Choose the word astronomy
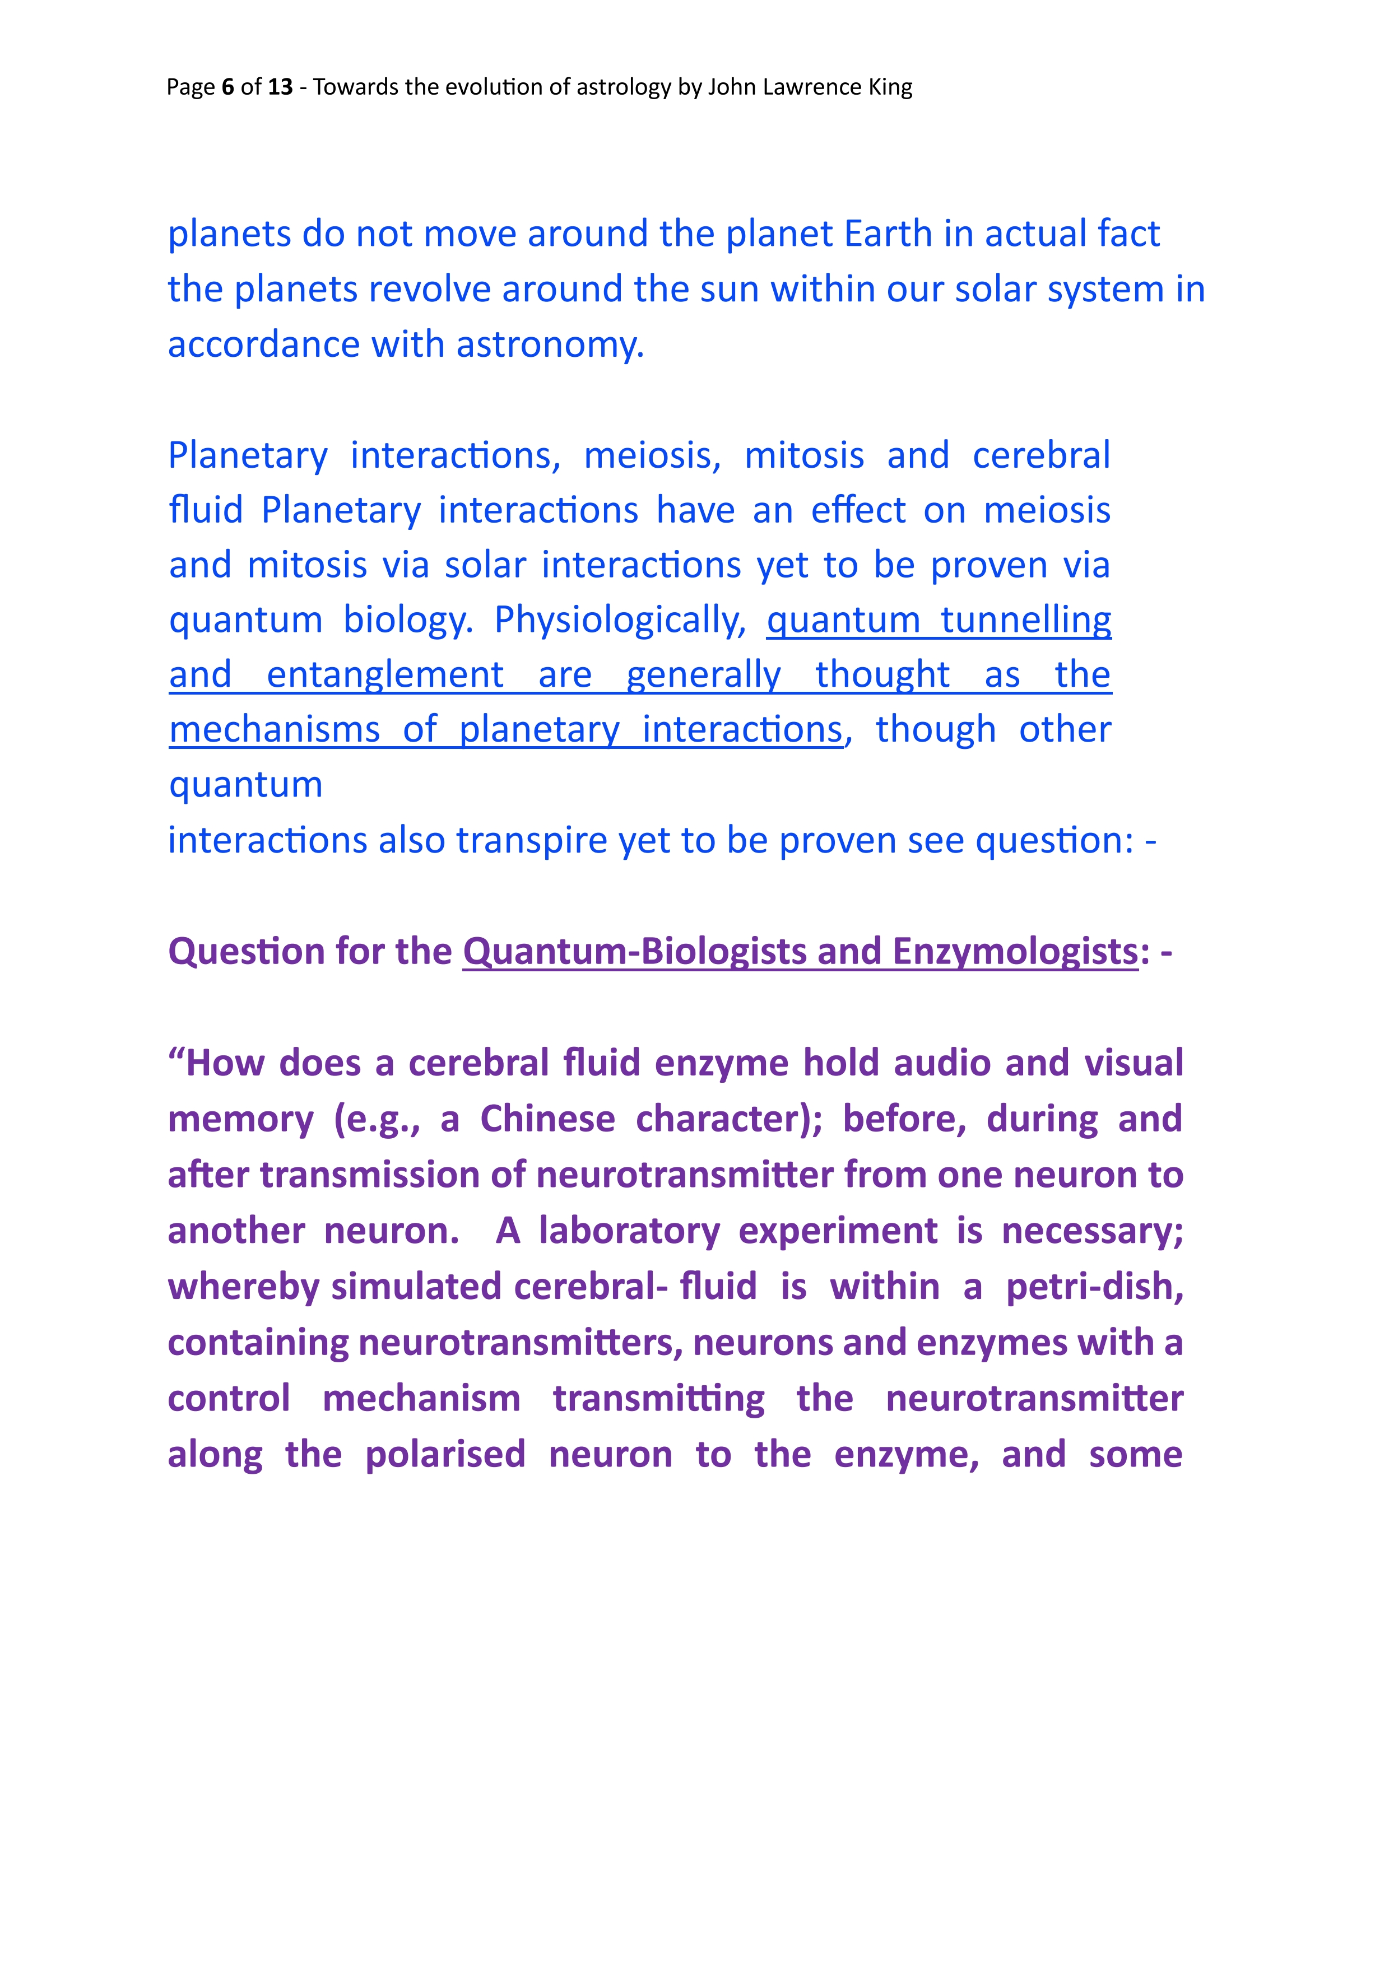(549, 345)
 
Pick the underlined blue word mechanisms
(274, 730)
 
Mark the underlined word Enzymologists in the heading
(1015, 952)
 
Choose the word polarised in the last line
(445, 1455)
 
